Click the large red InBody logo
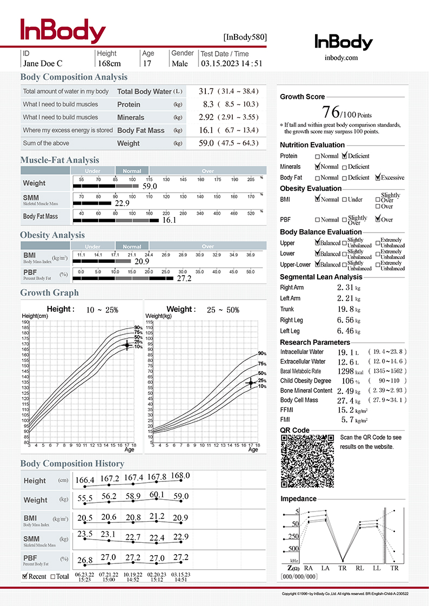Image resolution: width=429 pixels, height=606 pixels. (x=63, y=31)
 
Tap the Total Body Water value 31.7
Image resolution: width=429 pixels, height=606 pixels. (x=206, y=92)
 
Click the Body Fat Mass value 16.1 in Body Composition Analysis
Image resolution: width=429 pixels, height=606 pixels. (x=206, y=131)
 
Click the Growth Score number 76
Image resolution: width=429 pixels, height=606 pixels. (x=331, y=112)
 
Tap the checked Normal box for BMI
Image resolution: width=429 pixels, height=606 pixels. (x=318, y=199)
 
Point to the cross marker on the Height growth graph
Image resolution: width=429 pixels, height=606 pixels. (x=127, y=345)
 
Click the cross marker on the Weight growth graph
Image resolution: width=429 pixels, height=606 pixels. (x=251, y=383)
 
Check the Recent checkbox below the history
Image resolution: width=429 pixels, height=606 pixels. (x=25, y=576)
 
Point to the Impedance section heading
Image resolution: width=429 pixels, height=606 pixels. (x=298, y=499)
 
